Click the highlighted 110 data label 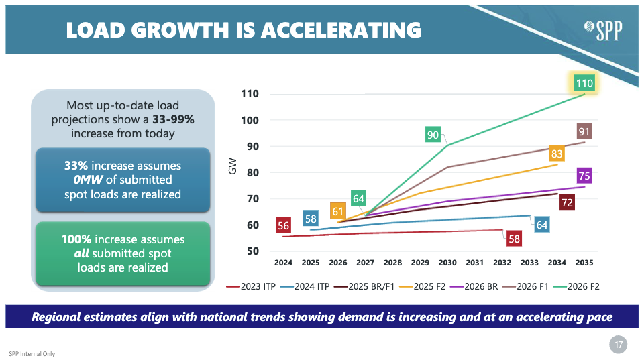pos(584,83)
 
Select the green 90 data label pos(433,135)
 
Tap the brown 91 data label pos(584,131)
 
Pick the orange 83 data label pos(556,154)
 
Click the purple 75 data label pos(584,176)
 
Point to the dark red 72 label pos(566,202)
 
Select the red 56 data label pos(283,226)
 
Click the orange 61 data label pos(338,211)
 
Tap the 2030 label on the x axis pos(448,263)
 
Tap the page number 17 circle pos(618,345)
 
